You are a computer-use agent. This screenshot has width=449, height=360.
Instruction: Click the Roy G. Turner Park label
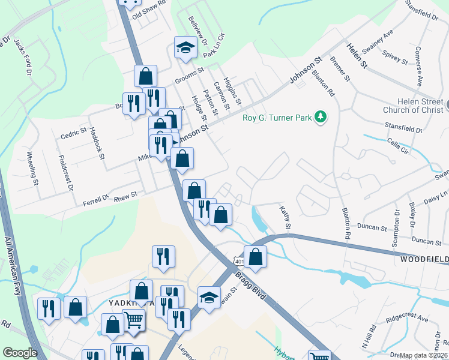pos(277,118)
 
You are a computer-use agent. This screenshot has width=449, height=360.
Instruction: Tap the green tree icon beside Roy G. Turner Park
pos(321,117)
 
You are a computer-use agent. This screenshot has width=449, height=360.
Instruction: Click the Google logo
pos(20,353)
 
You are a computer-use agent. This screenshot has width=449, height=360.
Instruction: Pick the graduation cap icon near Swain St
pos(208,297)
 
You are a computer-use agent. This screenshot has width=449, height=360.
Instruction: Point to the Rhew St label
pos(125,194)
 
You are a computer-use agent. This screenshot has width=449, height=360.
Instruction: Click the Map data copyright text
pos(423,355)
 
